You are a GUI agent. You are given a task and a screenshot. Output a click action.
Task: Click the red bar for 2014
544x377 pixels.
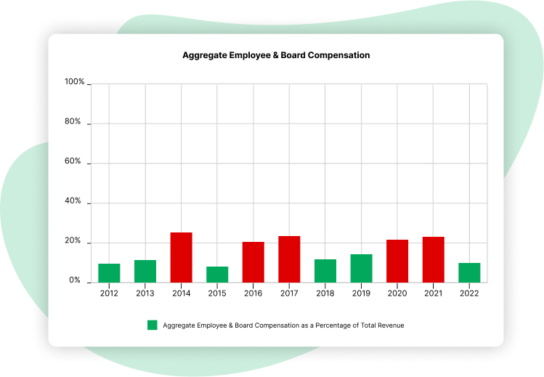[x=181, y=257]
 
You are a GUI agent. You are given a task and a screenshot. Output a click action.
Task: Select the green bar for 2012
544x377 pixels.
[x=109, y=273]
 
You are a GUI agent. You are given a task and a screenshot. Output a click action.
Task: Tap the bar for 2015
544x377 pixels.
[x=217, y=275]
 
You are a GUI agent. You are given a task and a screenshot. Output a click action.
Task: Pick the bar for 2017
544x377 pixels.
[x=289, y=259]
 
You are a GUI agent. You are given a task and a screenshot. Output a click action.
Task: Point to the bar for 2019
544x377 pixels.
[x=361, y=268]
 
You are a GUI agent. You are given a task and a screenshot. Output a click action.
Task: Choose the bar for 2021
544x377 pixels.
[x=433, y=259]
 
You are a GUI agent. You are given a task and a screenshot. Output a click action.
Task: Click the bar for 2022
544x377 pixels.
[x=469, y=272]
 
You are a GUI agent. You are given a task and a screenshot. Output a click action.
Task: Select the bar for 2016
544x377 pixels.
[x=253, y=262]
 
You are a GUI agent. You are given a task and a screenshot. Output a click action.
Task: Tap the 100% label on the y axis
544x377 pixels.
[x=74, y=82]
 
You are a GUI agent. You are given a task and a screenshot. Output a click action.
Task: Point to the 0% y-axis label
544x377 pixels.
[x=75, y=280]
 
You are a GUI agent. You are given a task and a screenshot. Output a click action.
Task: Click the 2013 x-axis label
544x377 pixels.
[x=145, y=293]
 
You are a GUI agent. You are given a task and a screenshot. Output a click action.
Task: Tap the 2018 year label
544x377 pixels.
[x=325, y=293]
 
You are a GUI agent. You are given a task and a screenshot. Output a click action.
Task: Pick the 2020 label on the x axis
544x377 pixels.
[x=397, y=293]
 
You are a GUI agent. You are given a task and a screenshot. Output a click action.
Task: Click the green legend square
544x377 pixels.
[x=153, y=325]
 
